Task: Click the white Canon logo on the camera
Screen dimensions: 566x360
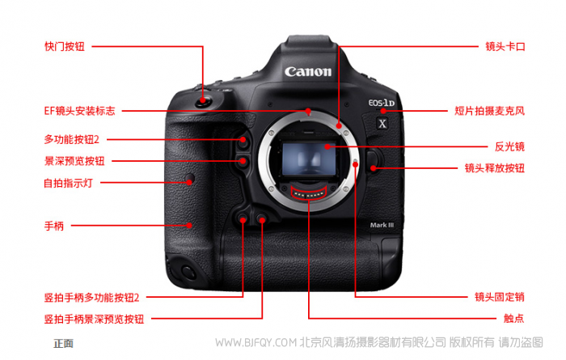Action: pyautogui.click(x=307, y=71)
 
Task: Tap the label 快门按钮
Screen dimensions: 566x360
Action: pyautogui.click(x=65, y=47)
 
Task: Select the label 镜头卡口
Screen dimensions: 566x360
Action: pyautogui.click(x=505, y=47)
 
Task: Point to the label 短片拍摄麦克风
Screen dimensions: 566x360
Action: pyautogui.click(x=489, y=111)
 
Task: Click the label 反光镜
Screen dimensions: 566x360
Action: pyautogui.click(x=509, y=146)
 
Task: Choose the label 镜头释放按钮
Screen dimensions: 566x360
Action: pyautogui.click(x=495, y=168)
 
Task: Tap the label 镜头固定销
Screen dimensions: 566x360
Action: pyautogui.click(x=500, y=297)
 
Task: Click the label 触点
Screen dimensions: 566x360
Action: pyautogui.click(x=514, y=319)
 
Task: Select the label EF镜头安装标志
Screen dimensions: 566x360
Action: pyautogui.click(x=80, y=111)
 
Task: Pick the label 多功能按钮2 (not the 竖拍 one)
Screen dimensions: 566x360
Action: pyautogui.click(x=71, y=139)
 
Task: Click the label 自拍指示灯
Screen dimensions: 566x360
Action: pyautogui.click(x=68, y=183)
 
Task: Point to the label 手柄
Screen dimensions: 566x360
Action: pyautogui.click(x=54, y=226)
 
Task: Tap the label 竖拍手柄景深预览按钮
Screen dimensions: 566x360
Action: pyautogui.click(x=95, y=320)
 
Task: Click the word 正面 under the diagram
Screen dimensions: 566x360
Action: pyautogui.click(x=64, y=343)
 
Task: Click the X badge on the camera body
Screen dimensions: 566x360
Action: pyautogui.click(x=382, y=124)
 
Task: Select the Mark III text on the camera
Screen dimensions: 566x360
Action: pyautogui.click(x=382, y=225)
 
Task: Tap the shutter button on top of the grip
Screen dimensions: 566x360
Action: pyautogui.click(x=204, y=101)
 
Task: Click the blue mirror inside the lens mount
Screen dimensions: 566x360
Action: pyautogui.click(x=309, y=159)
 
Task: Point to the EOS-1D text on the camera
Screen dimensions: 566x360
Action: pyautogui.click(x=381, y=103)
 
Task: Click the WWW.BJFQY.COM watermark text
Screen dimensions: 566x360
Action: pyautogui.click(x=256, y=342)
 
